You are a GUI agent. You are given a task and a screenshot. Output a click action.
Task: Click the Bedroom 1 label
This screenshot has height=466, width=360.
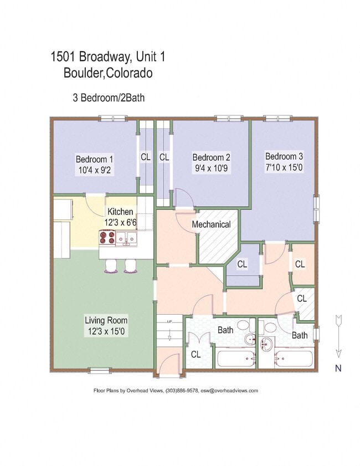[x=95, y=160]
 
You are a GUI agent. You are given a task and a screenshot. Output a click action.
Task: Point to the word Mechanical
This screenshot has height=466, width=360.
[x=211, y=224]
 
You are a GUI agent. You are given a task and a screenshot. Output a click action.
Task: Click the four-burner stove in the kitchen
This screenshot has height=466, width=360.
[x=107, y=238]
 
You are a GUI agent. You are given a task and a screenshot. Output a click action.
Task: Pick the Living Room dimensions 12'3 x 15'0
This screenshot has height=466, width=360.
[x=106, y=331]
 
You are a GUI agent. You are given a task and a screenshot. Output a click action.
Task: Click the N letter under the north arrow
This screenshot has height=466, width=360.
[x=338, y=367]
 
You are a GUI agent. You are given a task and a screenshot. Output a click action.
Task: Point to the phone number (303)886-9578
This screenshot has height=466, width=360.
[x=181, y=391]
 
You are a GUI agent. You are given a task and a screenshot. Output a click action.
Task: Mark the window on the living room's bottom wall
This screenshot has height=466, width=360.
[x=100, y=370]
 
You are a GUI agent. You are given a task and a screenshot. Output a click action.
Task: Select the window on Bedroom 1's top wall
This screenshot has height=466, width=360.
[x=113, y=118]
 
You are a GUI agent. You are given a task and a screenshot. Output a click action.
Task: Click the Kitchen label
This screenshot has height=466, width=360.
[x=120, y=212]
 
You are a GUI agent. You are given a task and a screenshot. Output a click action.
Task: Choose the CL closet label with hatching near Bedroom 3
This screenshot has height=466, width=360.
[x=302, y=298]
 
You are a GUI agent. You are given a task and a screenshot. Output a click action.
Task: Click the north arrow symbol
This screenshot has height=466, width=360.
[x=338, y=335]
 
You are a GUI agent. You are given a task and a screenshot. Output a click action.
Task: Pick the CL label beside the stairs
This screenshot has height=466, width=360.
[x=196, y=354]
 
